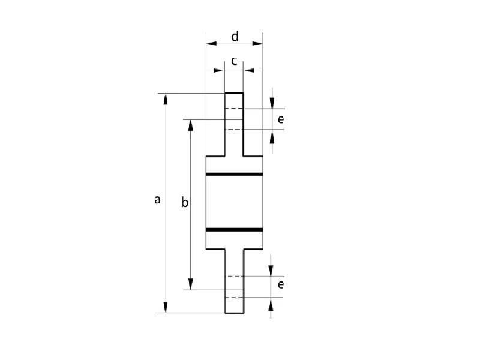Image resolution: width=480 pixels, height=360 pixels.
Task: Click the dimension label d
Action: [x=235, y=37]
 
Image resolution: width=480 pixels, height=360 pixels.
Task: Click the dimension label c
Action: [x=234, y=61]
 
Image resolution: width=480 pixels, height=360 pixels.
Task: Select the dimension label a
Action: [x=157, y=200]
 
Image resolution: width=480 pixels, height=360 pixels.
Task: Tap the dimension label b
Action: [x=185, y=202]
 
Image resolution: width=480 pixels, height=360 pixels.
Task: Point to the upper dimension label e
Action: [x=280, y=119]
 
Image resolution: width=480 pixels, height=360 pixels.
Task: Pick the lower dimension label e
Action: [x=280, y=284]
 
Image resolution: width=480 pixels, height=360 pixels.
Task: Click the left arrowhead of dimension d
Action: [x=211, y=43]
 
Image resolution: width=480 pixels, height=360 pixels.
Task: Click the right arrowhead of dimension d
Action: [x=258, y=43]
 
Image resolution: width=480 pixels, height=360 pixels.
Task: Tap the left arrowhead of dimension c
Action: [x=219, y=70]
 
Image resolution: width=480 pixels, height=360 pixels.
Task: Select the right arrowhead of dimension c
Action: [x=249, y=70]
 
